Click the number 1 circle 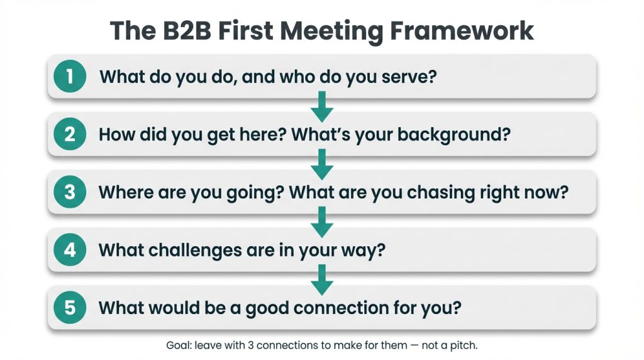[69, 77]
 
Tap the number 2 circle [69, 135]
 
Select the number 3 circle [69, 192]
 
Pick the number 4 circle [69, 250]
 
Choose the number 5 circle [69, 308]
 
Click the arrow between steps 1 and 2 [322, 106]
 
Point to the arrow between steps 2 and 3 [322, 164]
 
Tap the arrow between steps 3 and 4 [322, 222]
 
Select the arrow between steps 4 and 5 [322, 279]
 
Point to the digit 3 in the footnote [250, 346]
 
